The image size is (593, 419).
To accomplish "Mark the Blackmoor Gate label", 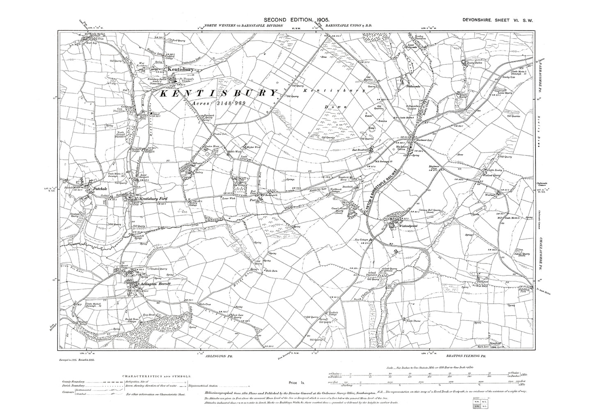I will point(425,140).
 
